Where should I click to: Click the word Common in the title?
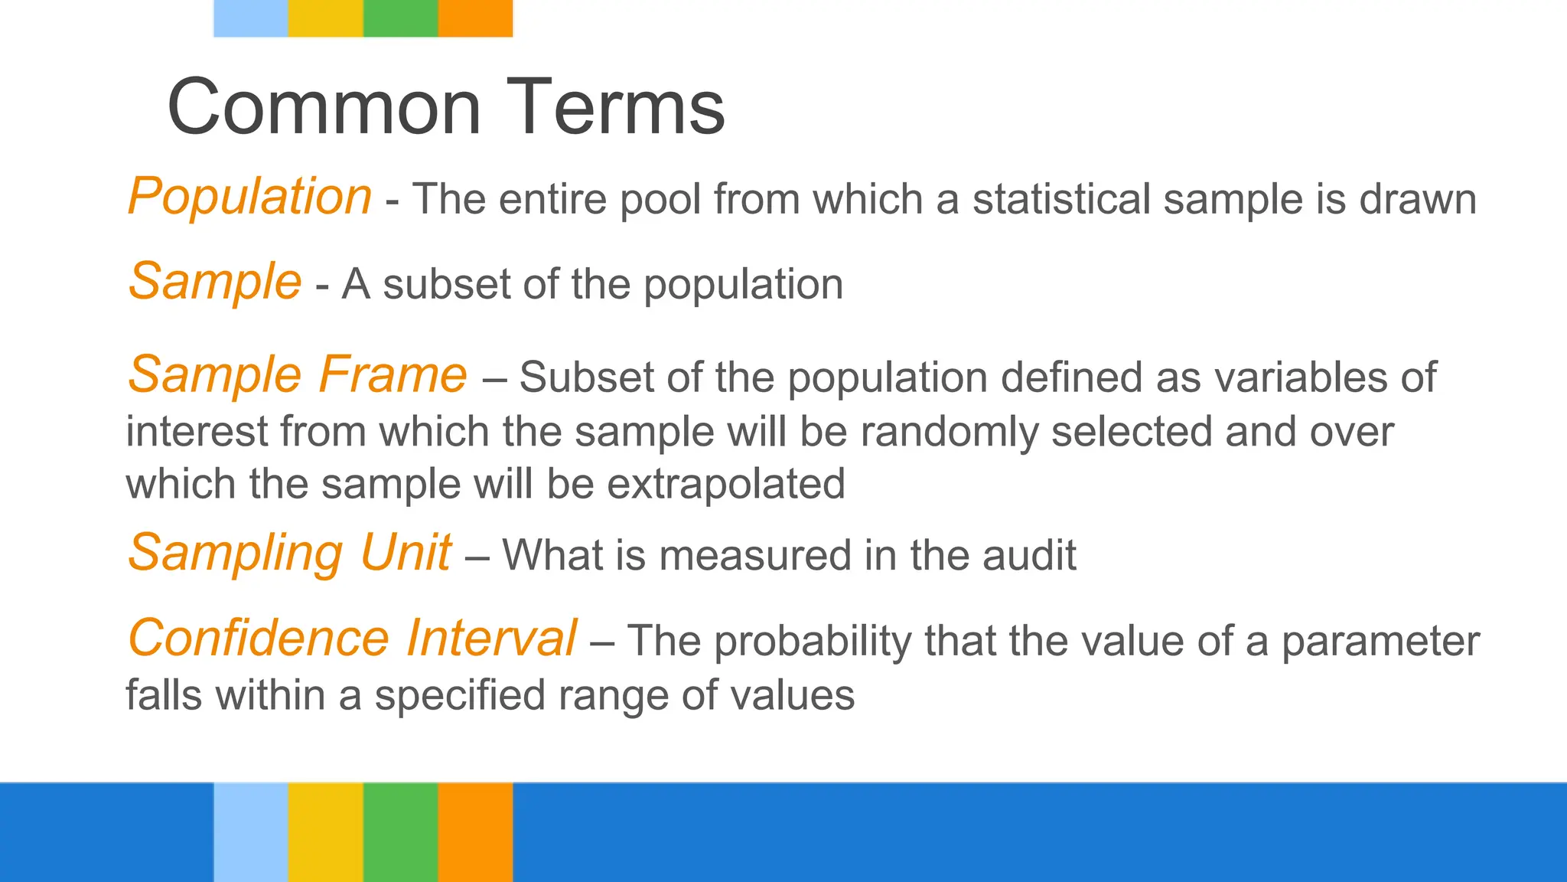[x=324, y=107]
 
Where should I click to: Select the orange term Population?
[x=249, y=197]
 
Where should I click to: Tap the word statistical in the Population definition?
[x=1061, y=199]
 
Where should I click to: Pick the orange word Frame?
[x=393, y=374]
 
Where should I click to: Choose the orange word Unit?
[x=405, y=552]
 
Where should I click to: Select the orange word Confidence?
[x=259, y=638]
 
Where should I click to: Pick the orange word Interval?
[x=491, y=638]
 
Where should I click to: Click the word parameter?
[x=1380, y=642]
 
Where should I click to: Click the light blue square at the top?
[x=250, y=18]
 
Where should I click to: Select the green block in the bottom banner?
[x=400, y=831]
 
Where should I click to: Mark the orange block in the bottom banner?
[x=475, y=831]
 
